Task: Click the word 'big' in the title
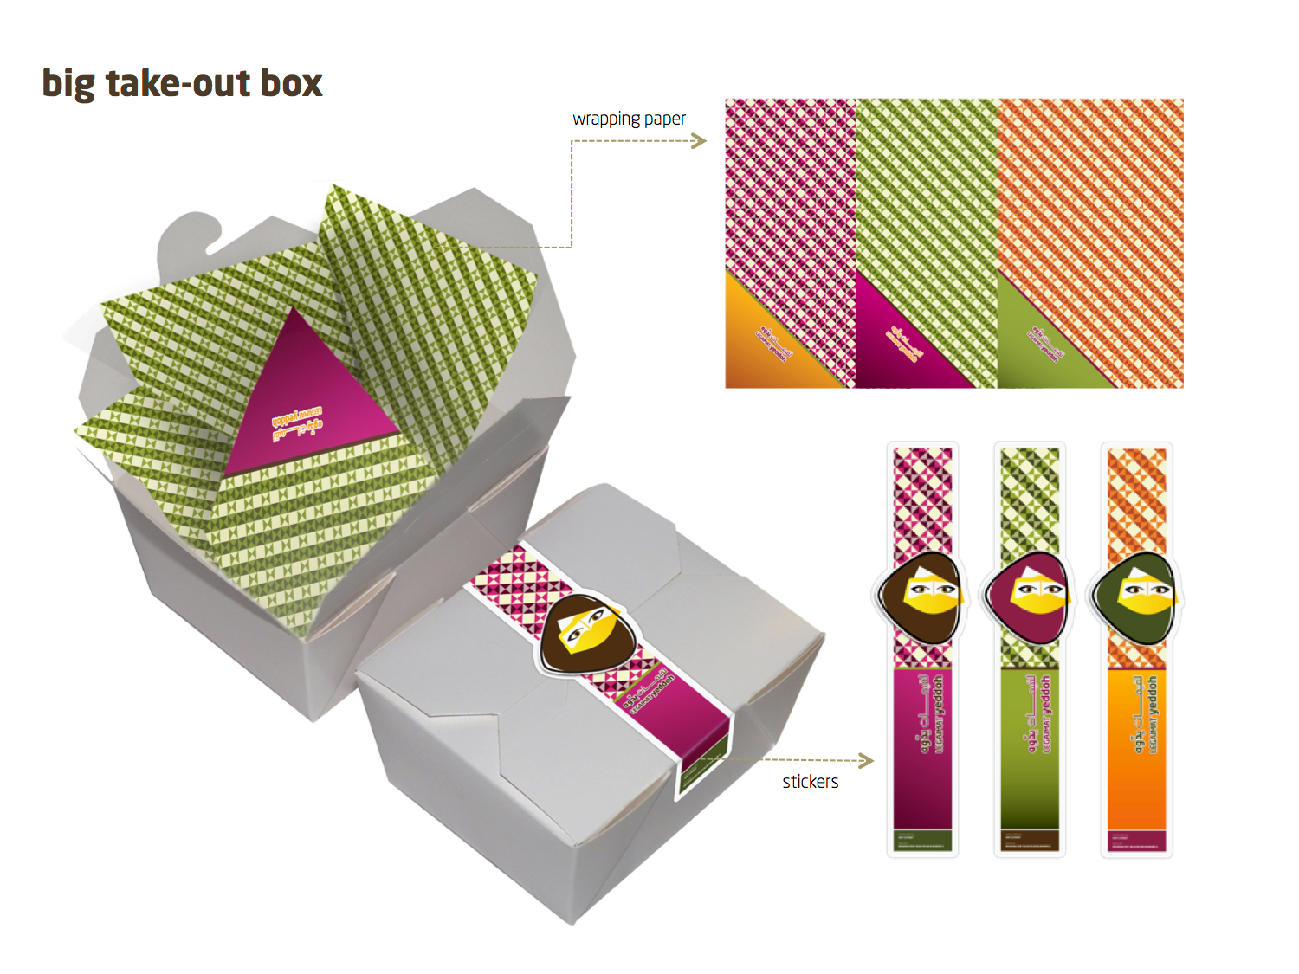point(68,85)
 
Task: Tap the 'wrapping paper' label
point(629,119)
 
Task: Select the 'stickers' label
point(810,782)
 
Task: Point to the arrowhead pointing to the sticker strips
point(866,761)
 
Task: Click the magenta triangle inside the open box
point(303,398)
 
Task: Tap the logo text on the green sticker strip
point(1037,714)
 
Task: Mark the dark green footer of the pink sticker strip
point(923,840)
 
